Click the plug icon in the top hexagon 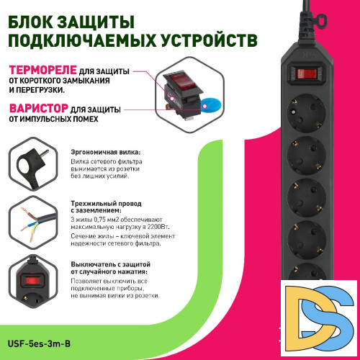(x=30, y=165)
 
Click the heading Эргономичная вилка (x=106, y=153)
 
